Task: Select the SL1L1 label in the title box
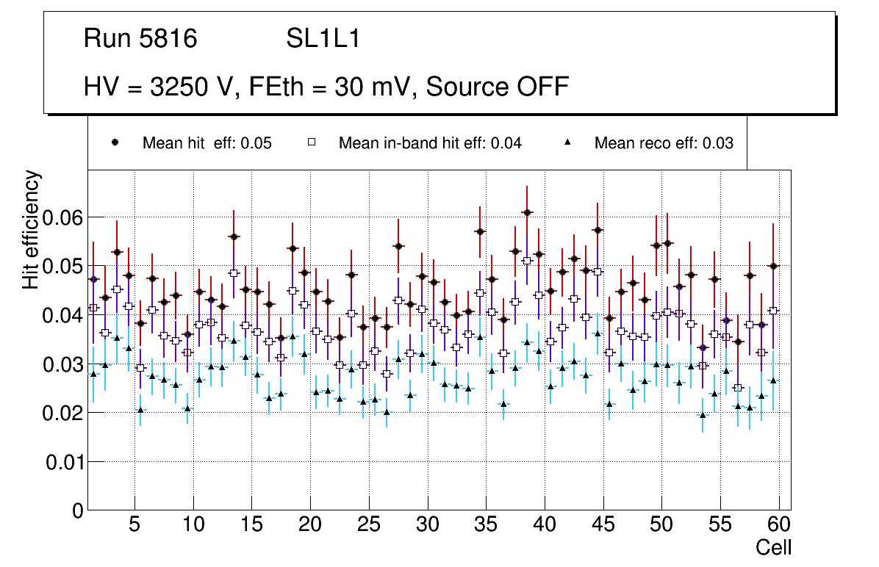pyautogui.click(x=323, y=39)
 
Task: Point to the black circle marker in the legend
pyautogui.click(x=115, y=142)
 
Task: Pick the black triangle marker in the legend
pyautogui.click(x=567, y=142)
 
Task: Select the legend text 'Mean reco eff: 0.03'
pyautogui.click(x=664, y=143)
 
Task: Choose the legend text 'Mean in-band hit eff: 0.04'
pyautogui.click(x=430, y=143)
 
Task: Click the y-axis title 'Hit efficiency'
pyautogui.click(x=32, y=229)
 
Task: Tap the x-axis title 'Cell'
pyautogui.click(x=774, y=547)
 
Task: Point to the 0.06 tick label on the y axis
pyautogui.click(x=64, y=217)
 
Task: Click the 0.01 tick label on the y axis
pyautogui.click(x=64, y=462)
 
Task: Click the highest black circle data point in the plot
pyautogui.click(x=527, y=212)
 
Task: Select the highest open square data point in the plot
pyautogui.click(x=527, y=261)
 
